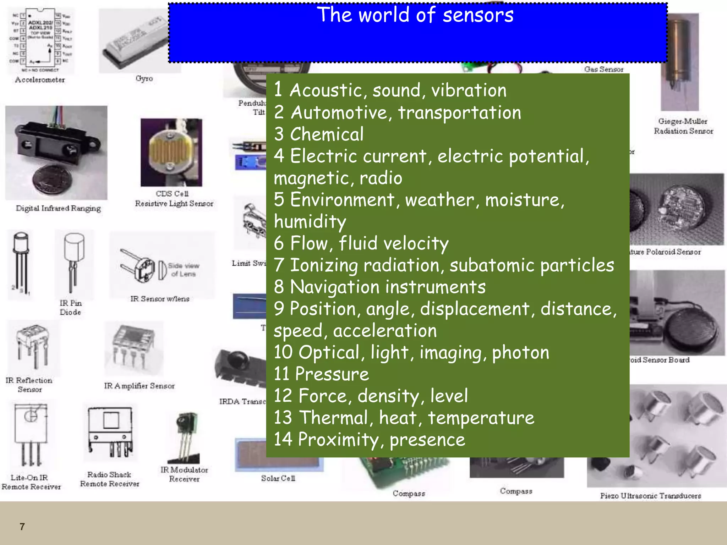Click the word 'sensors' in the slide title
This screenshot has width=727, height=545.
478,15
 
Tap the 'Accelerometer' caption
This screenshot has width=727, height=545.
40,80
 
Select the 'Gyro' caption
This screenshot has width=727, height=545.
144,78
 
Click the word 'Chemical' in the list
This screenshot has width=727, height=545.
327,134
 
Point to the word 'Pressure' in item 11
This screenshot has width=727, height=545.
332,374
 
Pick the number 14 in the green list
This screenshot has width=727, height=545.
283,439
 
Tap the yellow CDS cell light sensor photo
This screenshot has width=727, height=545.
171,153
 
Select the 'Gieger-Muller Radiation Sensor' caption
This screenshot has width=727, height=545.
683,126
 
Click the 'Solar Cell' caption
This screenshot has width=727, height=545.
278,478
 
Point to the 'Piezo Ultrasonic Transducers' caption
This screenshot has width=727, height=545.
650,496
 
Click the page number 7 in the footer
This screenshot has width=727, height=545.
22,527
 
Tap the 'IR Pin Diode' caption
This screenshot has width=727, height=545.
71,308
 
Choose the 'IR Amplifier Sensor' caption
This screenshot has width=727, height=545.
139,386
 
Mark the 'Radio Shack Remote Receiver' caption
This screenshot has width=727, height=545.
109,479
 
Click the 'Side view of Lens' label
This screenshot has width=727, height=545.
183,270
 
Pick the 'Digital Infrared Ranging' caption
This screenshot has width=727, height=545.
58,208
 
